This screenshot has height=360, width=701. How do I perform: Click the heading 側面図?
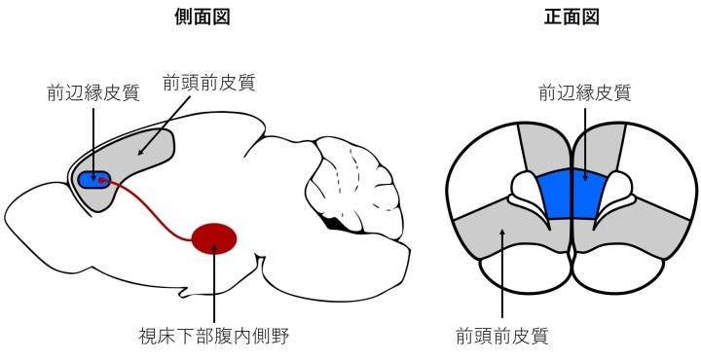click(x=203, y=17)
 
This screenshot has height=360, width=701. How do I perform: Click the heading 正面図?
click(x=572, y=17)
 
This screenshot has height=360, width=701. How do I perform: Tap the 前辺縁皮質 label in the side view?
click(x=93, y=93)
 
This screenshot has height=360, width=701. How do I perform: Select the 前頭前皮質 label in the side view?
click(x=209, y=83)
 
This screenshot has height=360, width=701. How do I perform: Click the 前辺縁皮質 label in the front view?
click(x=585, y=93)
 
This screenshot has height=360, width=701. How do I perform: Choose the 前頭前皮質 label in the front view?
click(x=502, y=336)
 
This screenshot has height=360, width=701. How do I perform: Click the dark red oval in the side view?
click(x=214, y=238)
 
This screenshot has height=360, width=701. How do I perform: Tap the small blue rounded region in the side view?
click(x=93, y=180)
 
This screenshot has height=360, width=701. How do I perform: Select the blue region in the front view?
click(x=572, y=194)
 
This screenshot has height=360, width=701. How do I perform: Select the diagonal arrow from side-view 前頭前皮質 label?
click(x=164, y=126)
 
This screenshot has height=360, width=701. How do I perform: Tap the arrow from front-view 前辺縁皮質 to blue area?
click(x=585, y=144)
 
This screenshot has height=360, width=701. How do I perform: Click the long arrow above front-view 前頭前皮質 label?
click(x=502, y=275)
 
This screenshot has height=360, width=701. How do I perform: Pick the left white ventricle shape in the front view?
click(x=529, y=193)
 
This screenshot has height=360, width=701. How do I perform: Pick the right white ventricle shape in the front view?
click(x=613, y=193)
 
